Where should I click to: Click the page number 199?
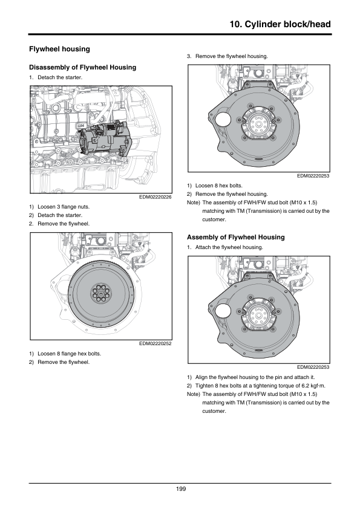point(181,489)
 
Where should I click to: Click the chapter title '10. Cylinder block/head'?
point(280,24)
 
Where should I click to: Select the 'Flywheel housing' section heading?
point(59,49)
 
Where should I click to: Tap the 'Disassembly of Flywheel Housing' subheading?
point(82,67)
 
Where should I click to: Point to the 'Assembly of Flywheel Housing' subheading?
point(235,238)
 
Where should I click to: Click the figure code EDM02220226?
point(155,197)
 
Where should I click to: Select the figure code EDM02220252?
point(155,343)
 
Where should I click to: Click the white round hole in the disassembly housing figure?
point(223,120)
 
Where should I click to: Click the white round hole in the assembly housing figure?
point(223,311)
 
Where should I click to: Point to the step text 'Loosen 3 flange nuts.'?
point(64,207)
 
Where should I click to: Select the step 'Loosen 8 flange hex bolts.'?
point(69,354)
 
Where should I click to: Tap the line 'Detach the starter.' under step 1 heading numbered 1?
point(60,77)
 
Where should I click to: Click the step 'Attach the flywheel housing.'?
point(229,247)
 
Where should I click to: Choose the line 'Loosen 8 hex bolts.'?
point(218,186)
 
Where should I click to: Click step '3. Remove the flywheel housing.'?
point(227,56)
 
